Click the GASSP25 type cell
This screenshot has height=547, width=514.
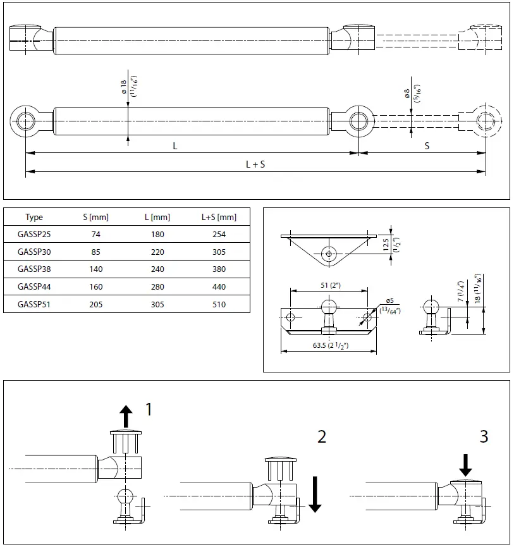[x=34, y=235]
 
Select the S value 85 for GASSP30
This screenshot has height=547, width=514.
[x=95, y=252]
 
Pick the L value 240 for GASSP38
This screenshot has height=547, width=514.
[x=157, y=269]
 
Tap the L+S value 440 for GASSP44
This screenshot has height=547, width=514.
[x=219, y=286]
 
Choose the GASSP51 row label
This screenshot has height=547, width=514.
[x=34, y=304]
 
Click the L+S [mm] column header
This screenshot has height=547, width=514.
[x=219, y=218]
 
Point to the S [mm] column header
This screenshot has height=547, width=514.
[x=95, y=218]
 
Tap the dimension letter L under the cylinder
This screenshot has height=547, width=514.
[x=175, y=145]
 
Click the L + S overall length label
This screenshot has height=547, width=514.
[x=255, y=164]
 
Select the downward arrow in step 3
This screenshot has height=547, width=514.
[x=465, y=465]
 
